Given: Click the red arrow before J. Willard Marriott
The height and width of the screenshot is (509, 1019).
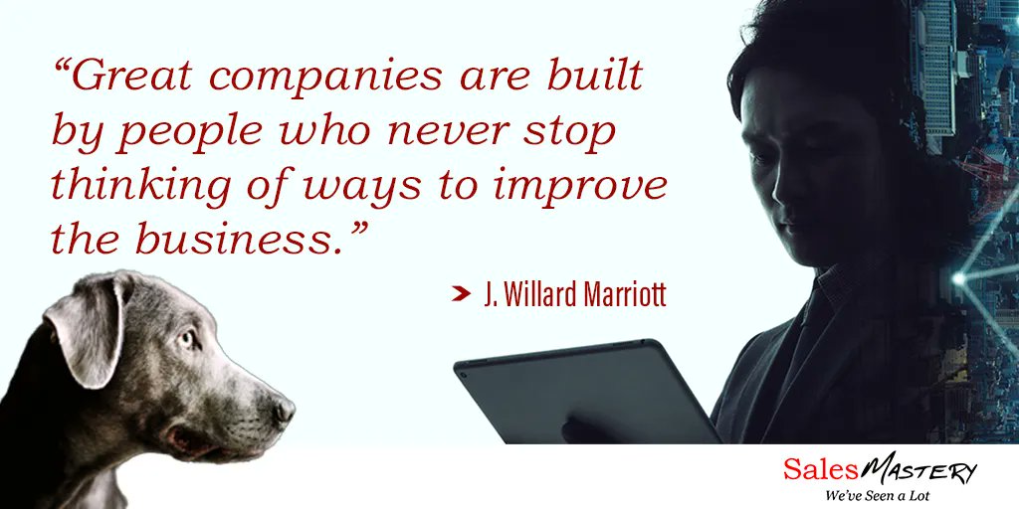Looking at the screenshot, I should coord(460,294).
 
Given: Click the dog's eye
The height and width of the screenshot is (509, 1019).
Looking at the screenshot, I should coord(189,339).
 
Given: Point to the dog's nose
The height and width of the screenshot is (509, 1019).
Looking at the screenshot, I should coord(285,408).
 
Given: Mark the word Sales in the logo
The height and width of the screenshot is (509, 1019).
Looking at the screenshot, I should coord(818,469).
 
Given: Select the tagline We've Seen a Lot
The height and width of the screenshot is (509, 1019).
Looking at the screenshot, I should coord(872,494).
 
